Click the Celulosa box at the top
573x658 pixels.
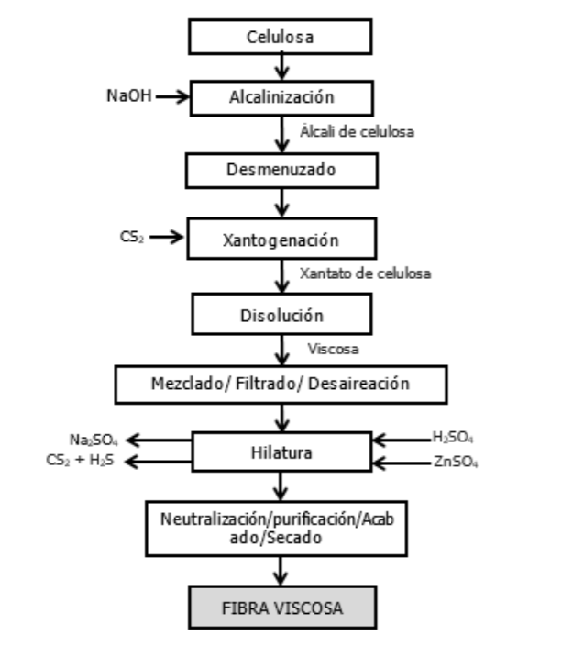[281, 37]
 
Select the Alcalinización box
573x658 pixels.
[281, 95]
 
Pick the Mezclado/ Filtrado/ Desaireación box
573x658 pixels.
[281, 384]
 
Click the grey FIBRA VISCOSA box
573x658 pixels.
[281, 608]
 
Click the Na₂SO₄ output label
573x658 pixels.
[94, 440]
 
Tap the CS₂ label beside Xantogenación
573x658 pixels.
[131, 237]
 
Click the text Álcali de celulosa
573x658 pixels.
[357, 131]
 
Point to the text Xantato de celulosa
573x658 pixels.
[365, 273]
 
